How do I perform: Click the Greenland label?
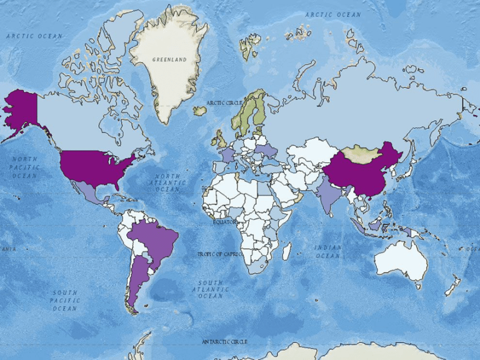[x=169, y=59]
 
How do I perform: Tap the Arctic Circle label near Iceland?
[x=224, y=102]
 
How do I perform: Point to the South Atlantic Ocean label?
[x=211, y=289]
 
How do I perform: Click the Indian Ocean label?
[x=328, y=251]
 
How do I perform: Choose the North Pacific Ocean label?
[x=25, y=167]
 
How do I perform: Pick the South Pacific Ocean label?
[x=65, y=300]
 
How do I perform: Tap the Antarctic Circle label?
[x=224, y=341]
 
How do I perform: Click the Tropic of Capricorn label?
[x=219, y=254]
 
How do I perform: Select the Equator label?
[x=224, y=222]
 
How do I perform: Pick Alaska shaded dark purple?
[x=22, y=109]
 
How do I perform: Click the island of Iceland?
[x=200, y=111]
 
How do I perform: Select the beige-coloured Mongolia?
[x=359, y=152]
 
